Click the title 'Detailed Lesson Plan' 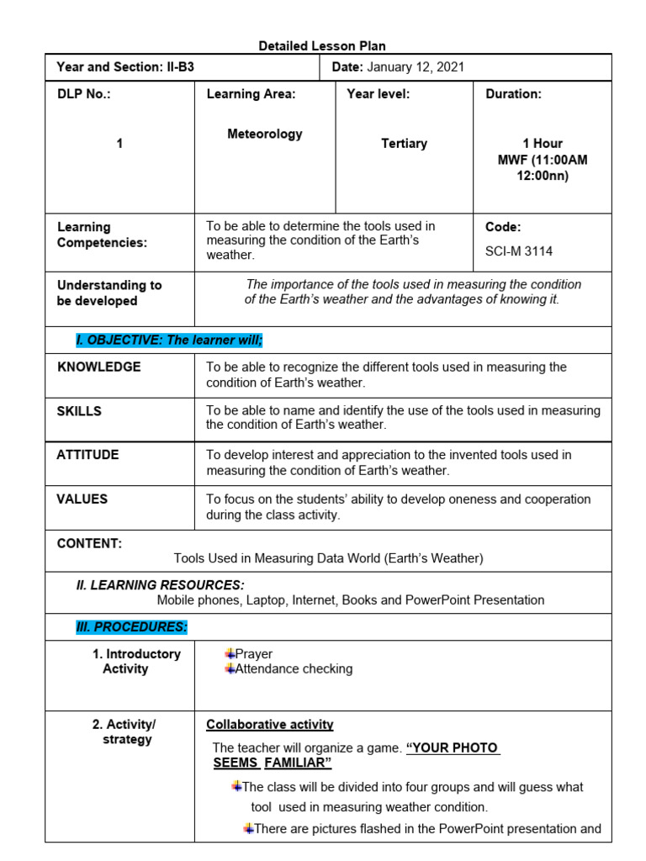click(322, 46)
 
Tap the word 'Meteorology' click(265, 134)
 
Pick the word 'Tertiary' click(404, 144)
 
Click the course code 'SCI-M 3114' click(519, 251)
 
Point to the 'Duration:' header click(513, 94)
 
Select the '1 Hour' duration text click(543, 144)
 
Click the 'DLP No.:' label click(83, 94)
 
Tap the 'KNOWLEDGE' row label click(98, 367)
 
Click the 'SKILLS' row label click(79, 411)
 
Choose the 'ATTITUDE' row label click(87, 455)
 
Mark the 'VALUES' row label click(82, 499)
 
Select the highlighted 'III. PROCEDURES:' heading click(131, 627)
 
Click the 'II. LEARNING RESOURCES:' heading click(160, 584)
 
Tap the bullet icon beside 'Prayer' click(230, 653)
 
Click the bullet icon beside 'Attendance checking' click(230, 668)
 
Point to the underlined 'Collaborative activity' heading click(269, 725)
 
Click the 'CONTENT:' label click(89, 543)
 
